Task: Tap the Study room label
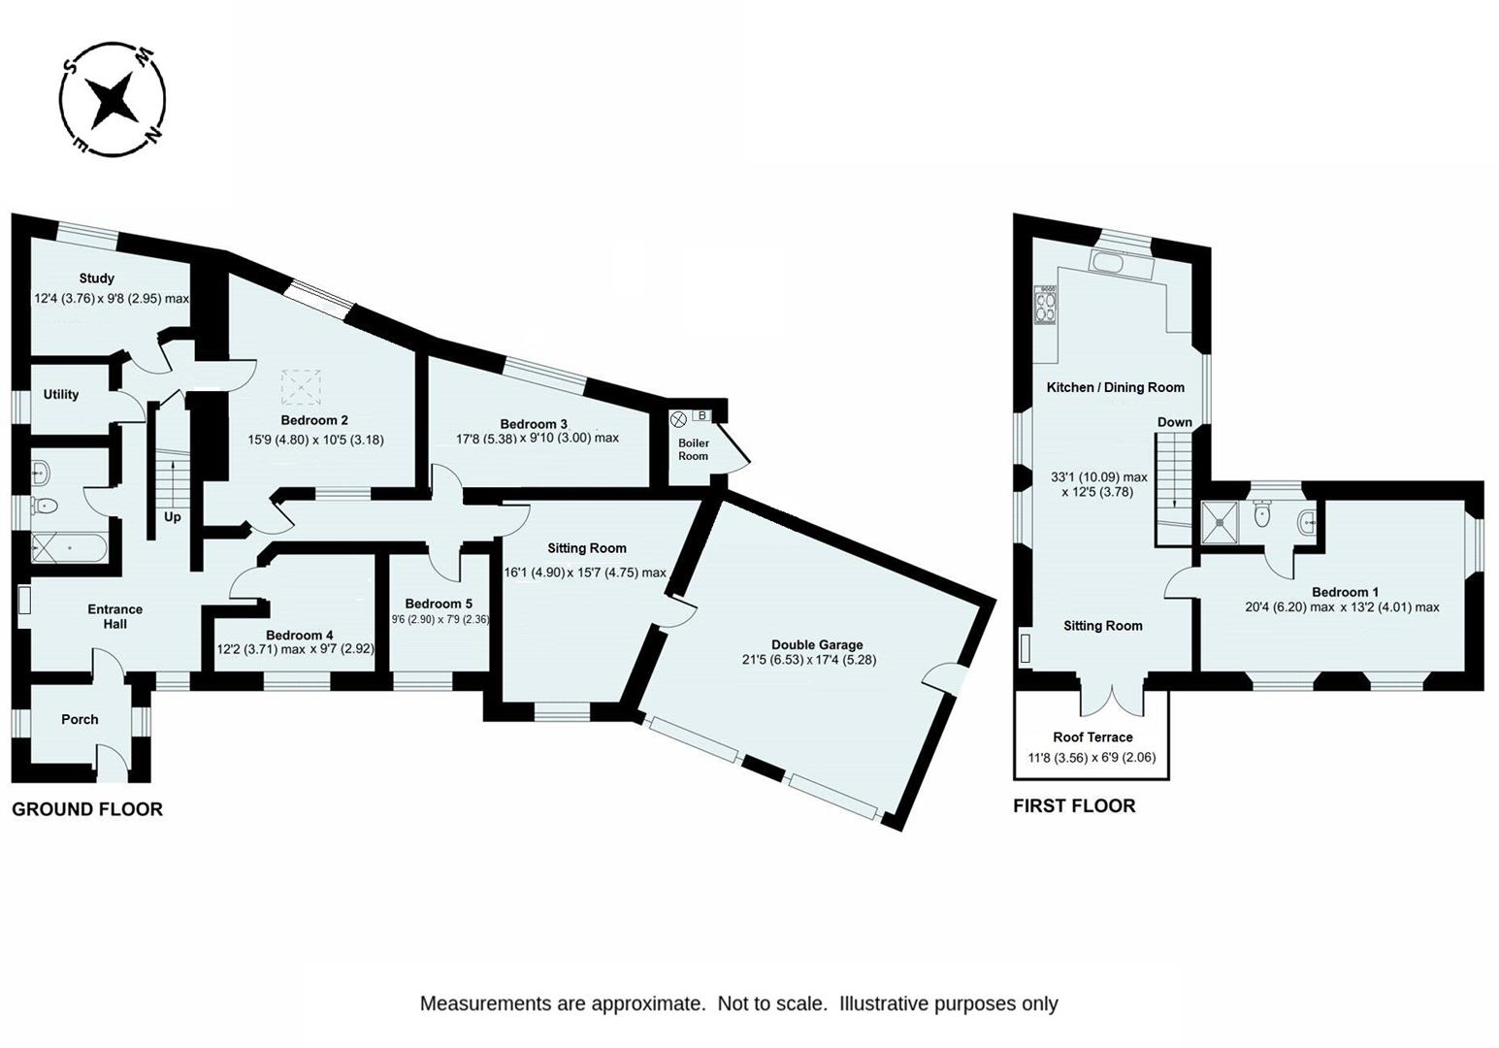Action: [x=96, y=278]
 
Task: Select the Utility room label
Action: [x=61, y=394]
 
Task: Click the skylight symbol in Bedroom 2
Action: [x=301, y=387]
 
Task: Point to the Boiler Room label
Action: [x=694, y=449]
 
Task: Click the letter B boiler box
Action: [x=701, y=415]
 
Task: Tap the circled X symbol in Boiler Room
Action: [x=678, y=419]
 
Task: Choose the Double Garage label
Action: [x=817, y=644]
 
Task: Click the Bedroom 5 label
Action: [x=439, y=604]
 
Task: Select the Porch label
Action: [x=80, y=719]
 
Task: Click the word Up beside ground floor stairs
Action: [x=173, y=517]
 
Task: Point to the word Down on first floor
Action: [x=1175, y=422]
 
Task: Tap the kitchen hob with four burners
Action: [x=1045, y=305]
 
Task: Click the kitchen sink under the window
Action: [x=1121, y=261]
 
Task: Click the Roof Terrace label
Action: [x=1092, y=737]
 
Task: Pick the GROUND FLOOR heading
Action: [x=87, y=809]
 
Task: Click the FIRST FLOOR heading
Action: [x=1074, y=805]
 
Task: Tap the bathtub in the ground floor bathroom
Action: [x=69, y=549]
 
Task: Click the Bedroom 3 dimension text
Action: [x=538, y=439]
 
